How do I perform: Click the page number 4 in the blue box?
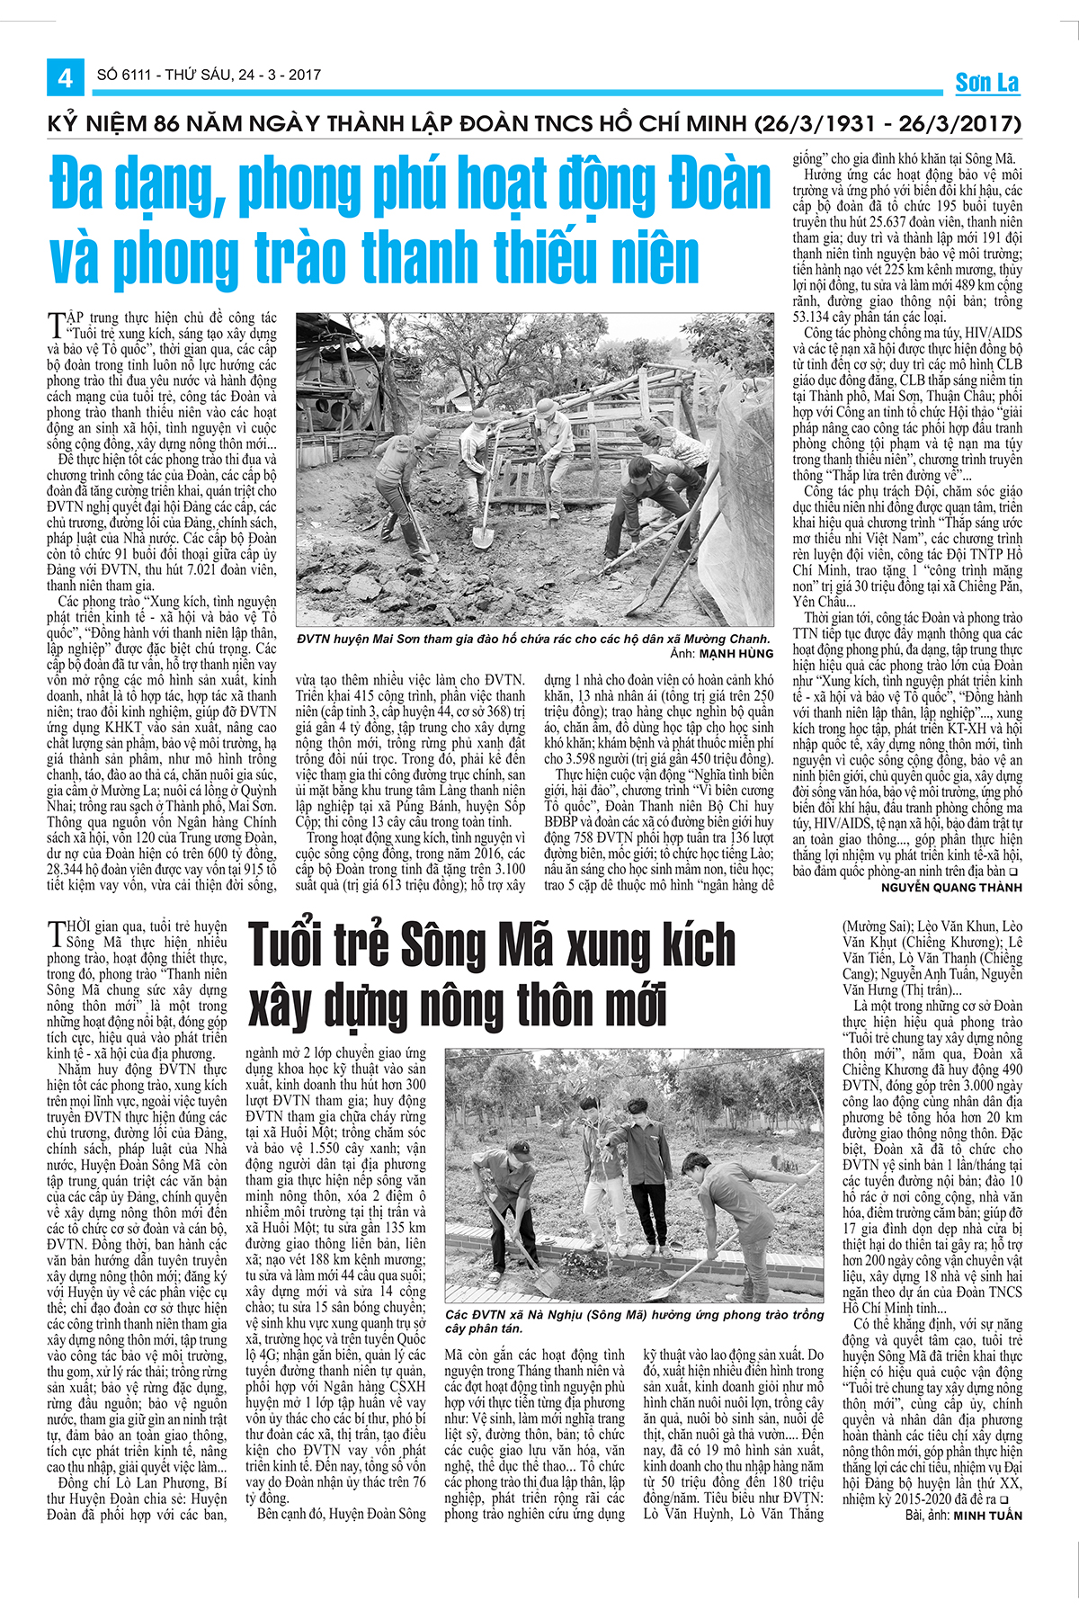(x=65, y=78)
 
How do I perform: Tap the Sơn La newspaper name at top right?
(x=986, y=83)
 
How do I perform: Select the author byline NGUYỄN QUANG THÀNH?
(x=951, y=887)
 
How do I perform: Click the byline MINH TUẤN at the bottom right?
(x=987, y=1516)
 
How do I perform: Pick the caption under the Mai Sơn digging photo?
(x=532, y=640)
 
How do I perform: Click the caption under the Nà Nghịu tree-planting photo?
(x=634, y=1321)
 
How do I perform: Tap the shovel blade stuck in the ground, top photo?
(x=482, y=537)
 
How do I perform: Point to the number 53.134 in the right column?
(x=815, y=317)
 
